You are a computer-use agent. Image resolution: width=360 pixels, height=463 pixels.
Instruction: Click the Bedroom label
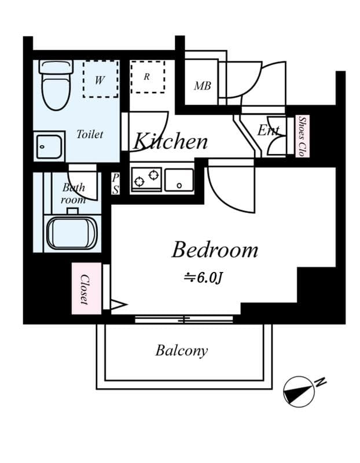click(215, 250)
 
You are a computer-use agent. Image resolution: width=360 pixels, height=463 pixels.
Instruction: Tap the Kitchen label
click(171, 141)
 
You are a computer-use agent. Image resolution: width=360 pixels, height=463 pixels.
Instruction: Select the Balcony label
click(181, 350)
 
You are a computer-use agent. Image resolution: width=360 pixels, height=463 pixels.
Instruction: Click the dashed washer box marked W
click(100, 79)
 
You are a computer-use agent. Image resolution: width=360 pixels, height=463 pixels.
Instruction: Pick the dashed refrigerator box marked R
click(147, 76)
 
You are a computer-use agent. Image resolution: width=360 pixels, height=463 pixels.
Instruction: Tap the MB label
click(202, 86)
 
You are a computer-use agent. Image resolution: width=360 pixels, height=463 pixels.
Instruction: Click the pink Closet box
click(83, 289)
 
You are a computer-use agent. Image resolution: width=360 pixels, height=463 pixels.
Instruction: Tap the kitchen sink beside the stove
click(179, 180)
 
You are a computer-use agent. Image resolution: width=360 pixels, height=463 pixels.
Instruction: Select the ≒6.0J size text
click(203, 278)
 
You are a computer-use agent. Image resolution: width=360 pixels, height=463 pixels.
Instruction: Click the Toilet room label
click(90, 134)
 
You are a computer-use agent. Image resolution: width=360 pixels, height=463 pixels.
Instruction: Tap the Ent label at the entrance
click(268, 130)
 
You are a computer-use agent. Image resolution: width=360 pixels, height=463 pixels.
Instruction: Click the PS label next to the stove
click(115, 183)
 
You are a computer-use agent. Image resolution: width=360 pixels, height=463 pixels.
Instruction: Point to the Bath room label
click(74, 193)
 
